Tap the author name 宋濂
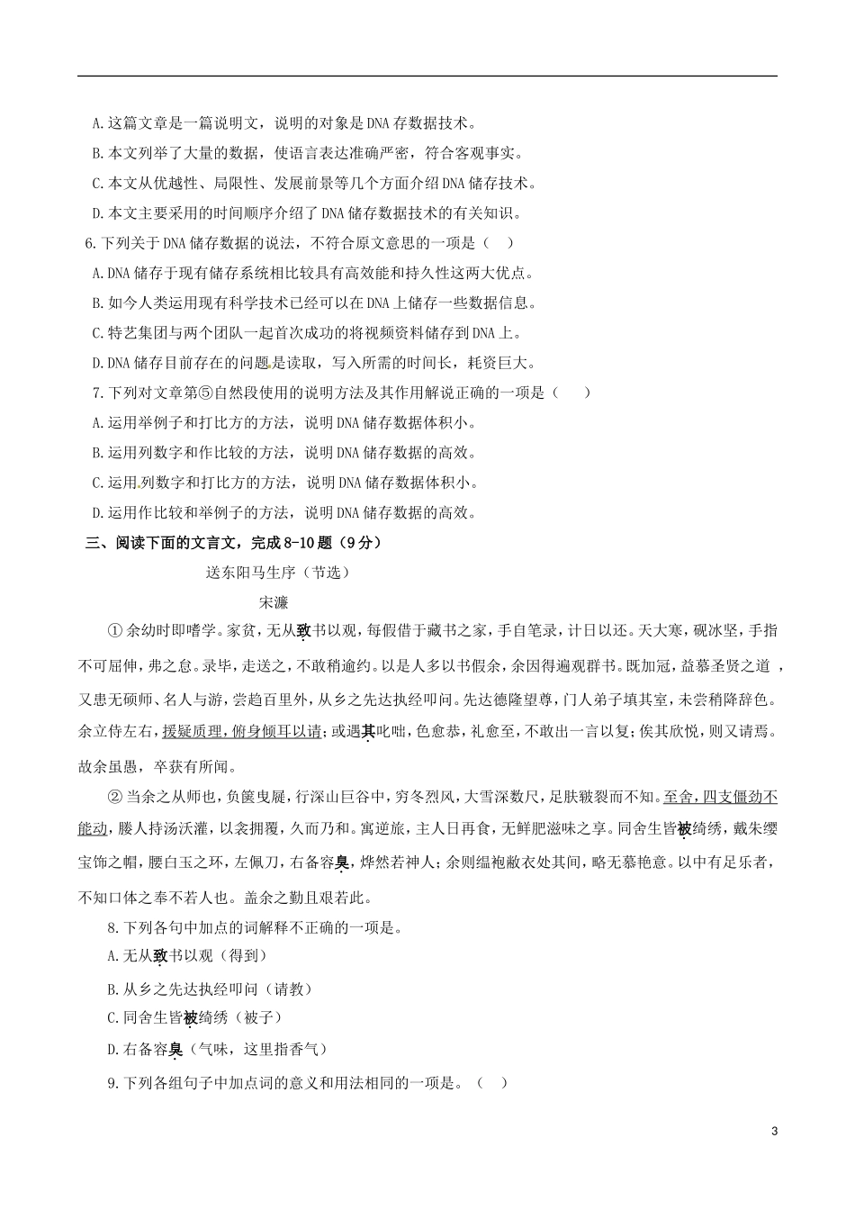[274, 602]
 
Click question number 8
[112, 927]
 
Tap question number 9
[112, 1083]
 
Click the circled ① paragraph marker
[114, 631]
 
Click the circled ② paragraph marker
[114, 796]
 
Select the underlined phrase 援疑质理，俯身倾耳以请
[241, 732]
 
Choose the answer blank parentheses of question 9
[491, 1083]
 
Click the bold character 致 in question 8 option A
[161, 956]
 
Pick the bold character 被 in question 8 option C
[190, 1018]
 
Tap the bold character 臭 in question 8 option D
[175, 1049]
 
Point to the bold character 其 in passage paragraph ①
[368, 732]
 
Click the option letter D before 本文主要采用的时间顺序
[97, 213]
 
